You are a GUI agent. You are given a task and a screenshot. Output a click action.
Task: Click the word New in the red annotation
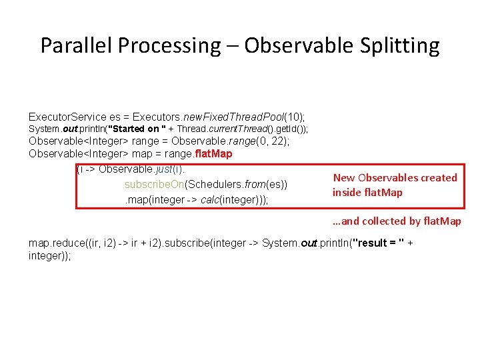[344, 177]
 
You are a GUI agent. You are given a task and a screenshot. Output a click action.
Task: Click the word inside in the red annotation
[348, 192]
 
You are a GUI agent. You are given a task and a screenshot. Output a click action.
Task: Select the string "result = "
[376, 243]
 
